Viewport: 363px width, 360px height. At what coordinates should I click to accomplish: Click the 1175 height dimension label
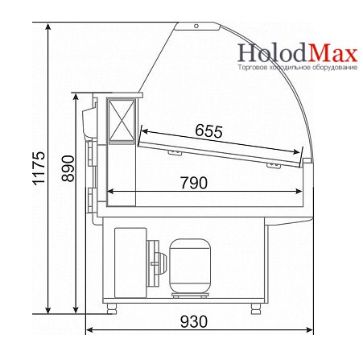click(x=39, y=168)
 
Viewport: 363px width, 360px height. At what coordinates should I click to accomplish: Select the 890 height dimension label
click(x=68, y=168)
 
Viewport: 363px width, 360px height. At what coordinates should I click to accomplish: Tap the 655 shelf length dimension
click(x=208, y=131)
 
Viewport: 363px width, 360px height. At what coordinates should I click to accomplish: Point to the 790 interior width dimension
click(x=194, y=183)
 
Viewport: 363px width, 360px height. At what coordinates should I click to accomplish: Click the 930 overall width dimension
click(x=194, y=321)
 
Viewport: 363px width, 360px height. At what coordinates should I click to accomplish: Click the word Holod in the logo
click(x=271, y=52)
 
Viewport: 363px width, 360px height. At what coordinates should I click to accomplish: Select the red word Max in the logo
click(x=332, y=53)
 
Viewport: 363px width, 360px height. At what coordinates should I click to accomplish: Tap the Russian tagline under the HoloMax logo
click(x=298, y=67)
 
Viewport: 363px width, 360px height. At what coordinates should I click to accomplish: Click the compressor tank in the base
click(x=190, y=266)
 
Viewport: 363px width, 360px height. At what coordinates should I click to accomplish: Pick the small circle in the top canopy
click(x=196, y=26)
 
